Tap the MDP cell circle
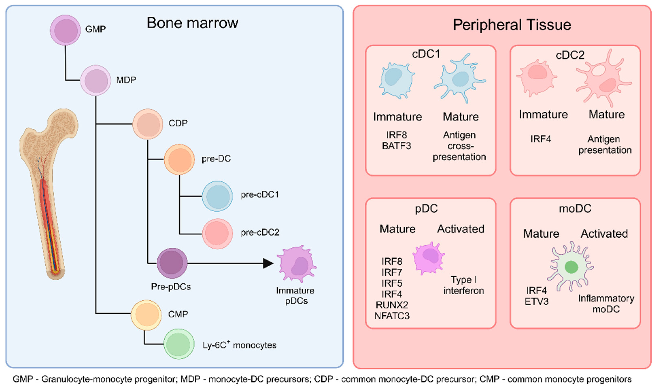pyautogui.click(x=96, y=80)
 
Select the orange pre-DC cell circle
pyautogui.click(x=179, y=159)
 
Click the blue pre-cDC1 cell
pyautogui.click(x=217, y=196)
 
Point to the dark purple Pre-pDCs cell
pyautogui.click(x=172, y=263)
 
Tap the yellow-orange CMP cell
pyautogui.click(x=146, y=315)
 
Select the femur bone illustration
pyautogui.click(x=49, y=189)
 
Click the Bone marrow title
pyautogui.click(x=192, y=23)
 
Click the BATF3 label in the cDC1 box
pyautogui.click(x=396, y=146)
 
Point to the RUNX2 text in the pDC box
pyautogui.click(x=392, y=305)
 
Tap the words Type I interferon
pyautogui.click(x=464, y=285)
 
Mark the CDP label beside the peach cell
pyautogui.click(x=178, y=123)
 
